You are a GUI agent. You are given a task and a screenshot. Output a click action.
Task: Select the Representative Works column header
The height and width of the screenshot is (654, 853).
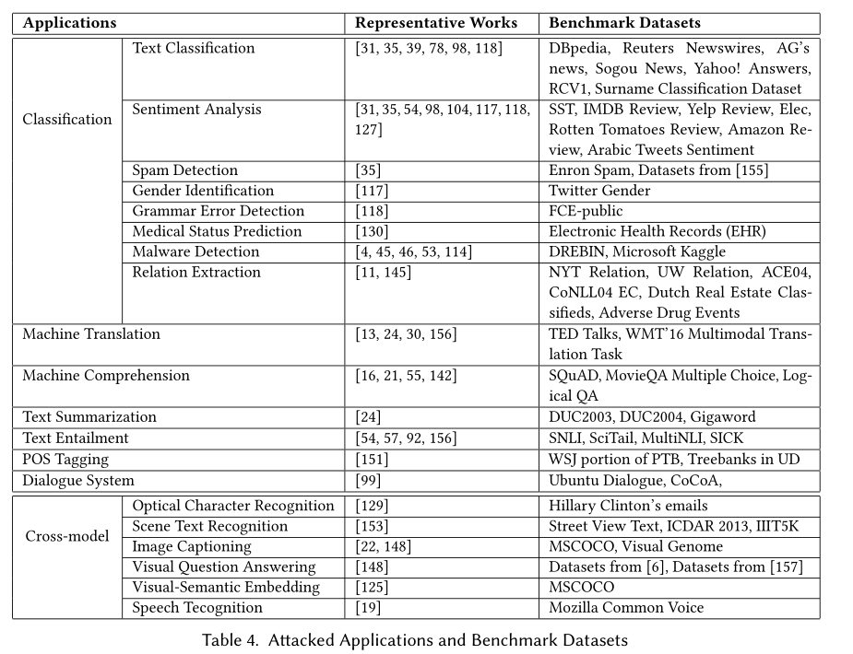[436, 23]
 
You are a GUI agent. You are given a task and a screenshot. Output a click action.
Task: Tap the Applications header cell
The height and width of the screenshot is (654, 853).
[69, 23]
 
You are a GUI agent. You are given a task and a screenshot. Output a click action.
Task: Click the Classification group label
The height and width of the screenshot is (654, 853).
[67, 119]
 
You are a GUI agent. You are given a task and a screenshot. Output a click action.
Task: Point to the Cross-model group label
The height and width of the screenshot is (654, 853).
[66, 536]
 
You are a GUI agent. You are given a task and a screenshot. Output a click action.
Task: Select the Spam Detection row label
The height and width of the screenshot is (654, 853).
[184, 170]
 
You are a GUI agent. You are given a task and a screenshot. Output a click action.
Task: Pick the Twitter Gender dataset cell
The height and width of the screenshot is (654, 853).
[599, 191]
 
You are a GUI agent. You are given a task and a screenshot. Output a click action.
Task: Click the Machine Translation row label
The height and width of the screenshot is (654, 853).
[91, 334]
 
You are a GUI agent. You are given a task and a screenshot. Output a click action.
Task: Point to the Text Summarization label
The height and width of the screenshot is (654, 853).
[89, 417]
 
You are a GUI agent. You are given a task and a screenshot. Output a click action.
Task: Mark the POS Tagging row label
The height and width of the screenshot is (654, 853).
[65, 459]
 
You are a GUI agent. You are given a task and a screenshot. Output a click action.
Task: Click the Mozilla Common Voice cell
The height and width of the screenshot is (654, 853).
[626, 607]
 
